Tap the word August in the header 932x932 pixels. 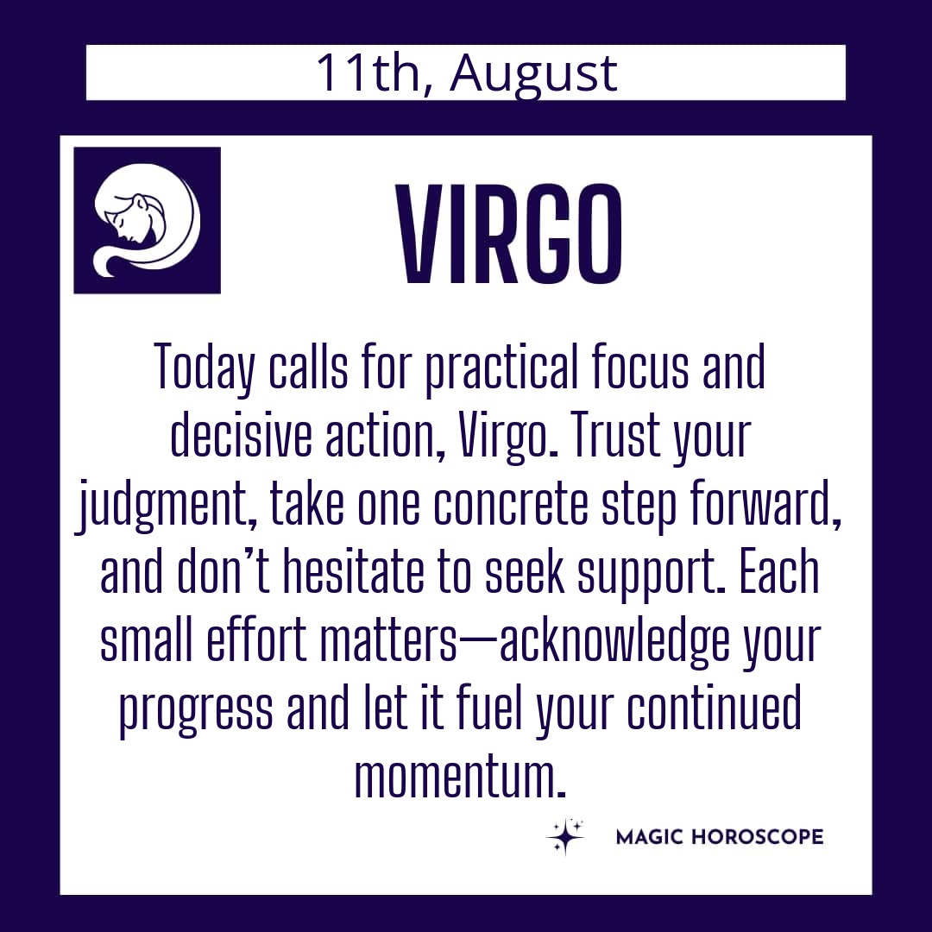click(534, 75)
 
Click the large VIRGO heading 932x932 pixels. click(509, 234)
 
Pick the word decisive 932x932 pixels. click(241, 436)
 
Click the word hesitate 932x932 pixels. click(353, 572)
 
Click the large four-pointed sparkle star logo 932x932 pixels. click(564, 837)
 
